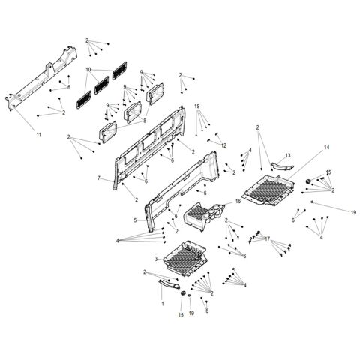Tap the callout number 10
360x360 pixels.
[x=88, y=69]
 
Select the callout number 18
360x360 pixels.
[x=198, y=106]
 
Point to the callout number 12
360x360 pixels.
[x=223, y=145]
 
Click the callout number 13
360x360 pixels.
[x=286, y=155]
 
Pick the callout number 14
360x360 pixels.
[x=305, y=148]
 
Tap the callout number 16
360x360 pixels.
[x=238, y=202]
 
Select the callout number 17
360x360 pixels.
[x=266, y=239]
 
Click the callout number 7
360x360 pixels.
[x=99, y=178]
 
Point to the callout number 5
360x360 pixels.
[x=135, y=220]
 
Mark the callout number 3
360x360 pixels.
[x=155, y=259]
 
